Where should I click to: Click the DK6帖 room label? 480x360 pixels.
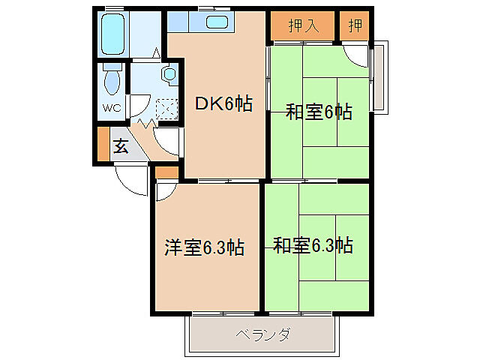coord(223,105)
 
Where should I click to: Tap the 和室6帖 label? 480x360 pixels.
coord(319,112)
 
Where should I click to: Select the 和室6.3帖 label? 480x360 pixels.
coord(313,245)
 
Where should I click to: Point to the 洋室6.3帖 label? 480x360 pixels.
coord(204,247)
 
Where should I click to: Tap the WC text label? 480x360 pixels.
coord(111,107)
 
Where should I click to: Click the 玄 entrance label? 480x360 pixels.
coord(121,146)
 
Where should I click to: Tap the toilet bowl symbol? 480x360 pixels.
coord(113,79)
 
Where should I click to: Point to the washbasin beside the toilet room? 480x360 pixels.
coord(169,74)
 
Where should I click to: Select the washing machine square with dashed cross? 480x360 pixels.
coord(166,110)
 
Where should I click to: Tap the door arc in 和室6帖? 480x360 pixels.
coord(356,57)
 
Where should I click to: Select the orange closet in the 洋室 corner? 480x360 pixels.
coord(166,172)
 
